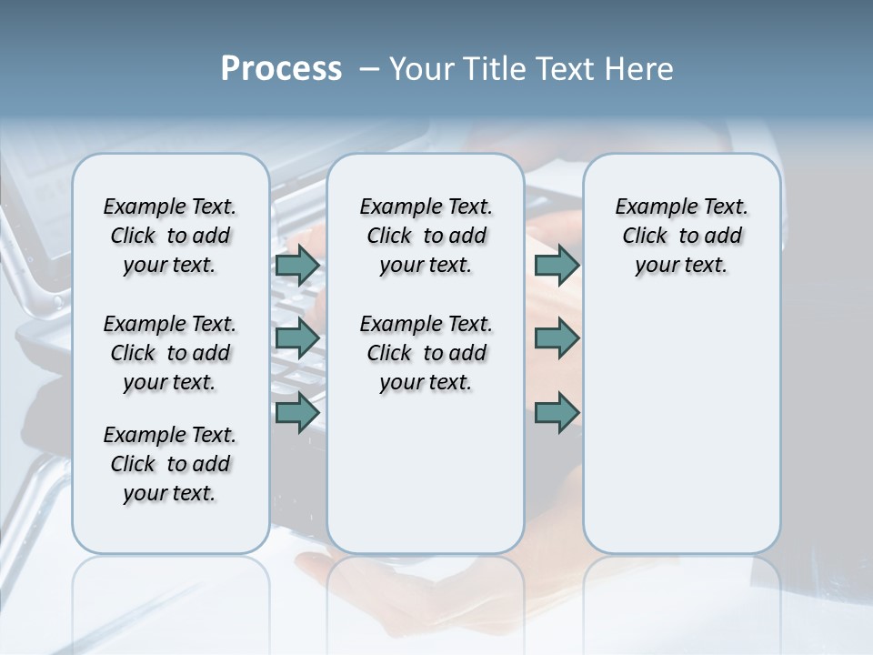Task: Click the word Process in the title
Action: (x=281, y=69)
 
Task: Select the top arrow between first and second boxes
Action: (x=296, y=265)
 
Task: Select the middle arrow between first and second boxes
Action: (x=296, y=338)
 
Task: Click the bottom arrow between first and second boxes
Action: (x=296, y=412)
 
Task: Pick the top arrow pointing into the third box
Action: (x=557, y=265)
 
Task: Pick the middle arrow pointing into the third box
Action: (x=557, y=338)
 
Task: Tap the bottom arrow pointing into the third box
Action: (x=557, y=412)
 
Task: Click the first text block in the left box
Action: (x=169, y=236)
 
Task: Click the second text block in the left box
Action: (x=169, y=353)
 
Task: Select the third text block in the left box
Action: (x=169, y=464)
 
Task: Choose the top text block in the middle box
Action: (x=426, y=236)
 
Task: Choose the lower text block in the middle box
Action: (x=426, y=353)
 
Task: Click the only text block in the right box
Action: (x=681, y=236)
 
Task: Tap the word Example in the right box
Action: (x=648, y=207)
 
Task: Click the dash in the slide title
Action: (x=369, y=69)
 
